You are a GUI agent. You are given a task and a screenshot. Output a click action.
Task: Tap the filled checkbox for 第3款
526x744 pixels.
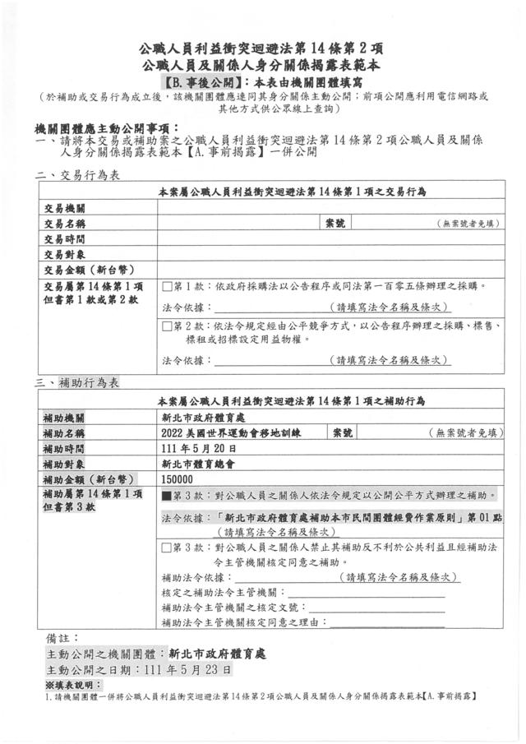167,496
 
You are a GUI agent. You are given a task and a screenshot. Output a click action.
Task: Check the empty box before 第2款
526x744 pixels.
167,326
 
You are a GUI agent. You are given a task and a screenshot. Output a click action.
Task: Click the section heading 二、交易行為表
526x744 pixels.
78,175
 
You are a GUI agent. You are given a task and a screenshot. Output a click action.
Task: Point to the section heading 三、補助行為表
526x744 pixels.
78,384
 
